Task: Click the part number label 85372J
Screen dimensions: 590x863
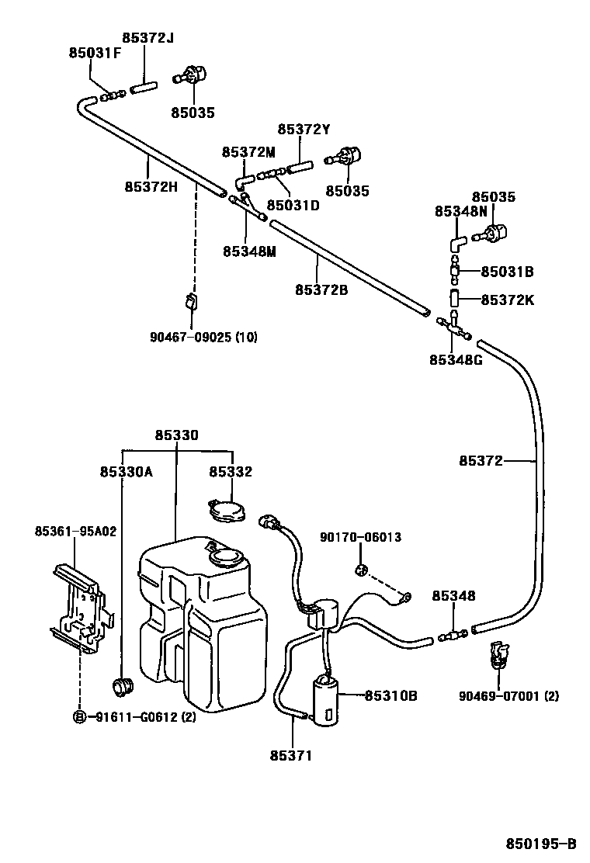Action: coord(147,38)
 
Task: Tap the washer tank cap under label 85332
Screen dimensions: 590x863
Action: coord(227,509)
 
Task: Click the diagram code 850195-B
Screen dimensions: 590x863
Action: coord(541,843)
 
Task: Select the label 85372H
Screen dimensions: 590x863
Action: coord(151,186)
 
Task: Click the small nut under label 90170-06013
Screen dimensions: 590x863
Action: coord(360,570)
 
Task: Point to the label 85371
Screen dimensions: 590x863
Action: coord(290,756)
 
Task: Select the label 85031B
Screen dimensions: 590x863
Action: coord(508,272)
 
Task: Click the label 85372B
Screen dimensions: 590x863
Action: coord(321,289)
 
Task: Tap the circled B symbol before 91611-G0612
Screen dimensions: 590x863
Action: coord(80,716)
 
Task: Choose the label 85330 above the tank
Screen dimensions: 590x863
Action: coord(177,435)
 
